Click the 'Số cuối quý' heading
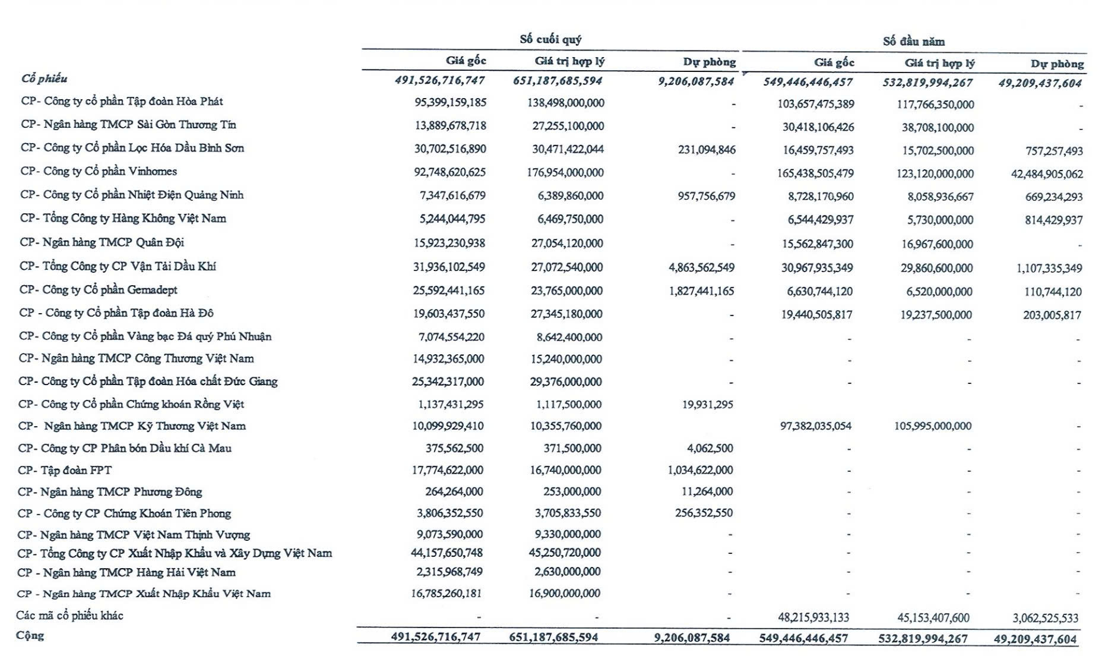[x=550, y=40]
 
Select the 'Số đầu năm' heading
[x=913, y=42]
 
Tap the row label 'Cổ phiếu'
[x=45, y=78]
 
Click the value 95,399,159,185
[x=450, y=102]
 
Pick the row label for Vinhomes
[x=99, y=171]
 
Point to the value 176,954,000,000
[x=565, y=172]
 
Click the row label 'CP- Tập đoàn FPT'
[x=65, y=470]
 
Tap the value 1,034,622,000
[x=700, y=470]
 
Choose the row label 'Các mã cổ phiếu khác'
[x=69, y=615]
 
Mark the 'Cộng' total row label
[x=30, y=635]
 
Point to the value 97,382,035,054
[x=815, y=426]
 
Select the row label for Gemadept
[x=99, y=290]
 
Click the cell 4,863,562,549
[x=701, y=267]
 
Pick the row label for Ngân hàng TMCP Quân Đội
[x=102, y=242]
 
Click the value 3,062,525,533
[x=1045, y=618]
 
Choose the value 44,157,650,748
[x=446, y=553]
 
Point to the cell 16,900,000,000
[x=565, y=593]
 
